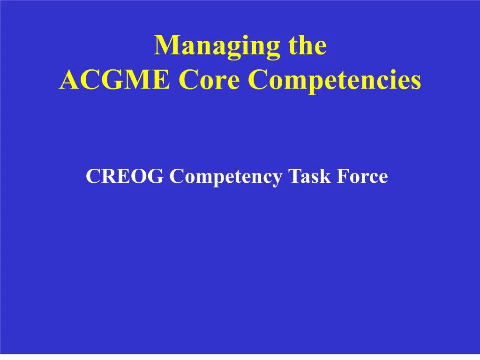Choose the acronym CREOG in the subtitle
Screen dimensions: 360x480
(124, 177)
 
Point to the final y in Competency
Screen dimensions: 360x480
(277, 179)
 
